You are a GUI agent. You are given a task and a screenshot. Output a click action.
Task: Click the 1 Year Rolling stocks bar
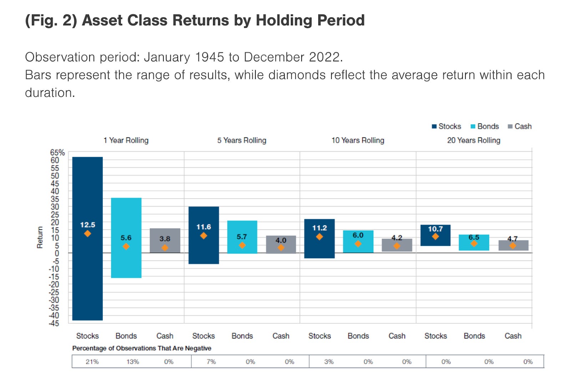point(87,271)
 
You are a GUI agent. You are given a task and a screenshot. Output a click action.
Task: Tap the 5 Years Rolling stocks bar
point(203,250)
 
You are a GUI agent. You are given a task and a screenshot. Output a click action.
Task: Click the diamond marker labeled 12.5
point(87,234)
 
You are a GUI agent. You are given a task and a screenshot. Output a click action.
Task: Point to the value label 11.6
point(203,227)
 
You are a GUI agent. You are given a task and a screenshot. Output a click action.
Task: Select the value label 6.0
point(358,235)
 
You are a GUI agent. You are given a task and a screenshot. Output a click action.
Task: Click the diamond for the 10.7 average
point(435,237)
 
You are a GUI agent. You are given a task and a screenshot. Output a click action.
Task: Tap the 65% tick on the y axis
point(57,152)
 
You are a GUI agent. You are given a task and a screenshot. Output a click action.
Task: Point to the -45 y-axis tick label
point(54,323)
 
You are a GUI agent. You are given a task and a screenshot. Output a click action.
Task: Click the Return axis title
point(40,237)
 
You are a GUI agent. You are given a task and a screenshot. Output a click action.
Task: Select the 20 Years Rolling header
point(474,140)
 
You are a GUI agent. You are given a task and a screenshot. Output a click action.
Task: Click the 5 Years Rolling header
point(242,140)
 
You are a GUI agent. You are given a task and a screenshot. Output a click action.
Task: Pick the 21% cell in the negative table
point(92,362)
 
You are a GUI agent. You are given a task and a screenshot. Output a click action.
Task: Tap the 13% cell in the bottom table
point(132,362)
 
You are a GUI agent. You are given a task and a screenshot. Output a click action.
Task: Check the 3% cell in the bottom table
point(329,362)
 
